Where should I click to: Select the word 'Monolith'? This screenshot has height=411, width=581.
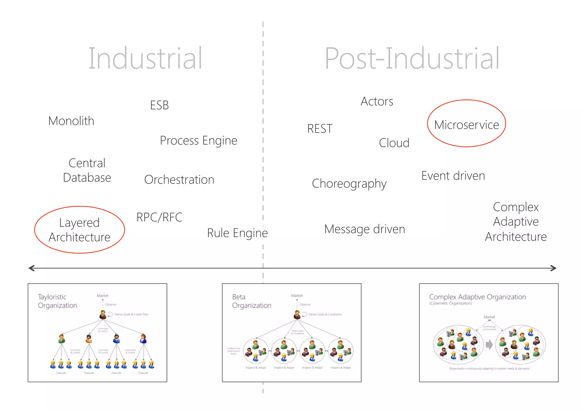71,121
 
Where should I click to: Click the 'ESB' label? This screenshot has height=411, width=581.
159,105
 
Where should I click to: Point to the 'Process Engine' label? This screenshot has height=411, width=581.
199,141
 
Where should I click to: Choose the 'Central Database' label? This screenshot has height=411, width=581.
87,170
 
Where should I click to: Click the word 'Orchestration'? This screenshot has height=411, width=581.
179,180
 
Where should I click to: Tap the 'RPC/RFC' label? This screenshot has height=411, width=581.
159,217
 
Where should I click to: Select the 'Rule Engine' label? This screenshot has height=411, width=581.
237,233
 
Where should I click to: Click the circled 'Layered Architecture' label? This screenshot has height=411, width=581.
79,230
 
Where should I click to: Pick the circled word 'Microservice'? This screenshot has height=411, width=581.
466,125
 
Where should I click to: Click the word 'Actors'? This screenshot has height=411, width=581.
377,102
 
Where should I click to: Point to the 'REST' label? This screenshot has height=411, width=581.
320,129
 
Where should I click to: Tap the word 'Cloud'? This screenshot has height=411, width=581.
394,143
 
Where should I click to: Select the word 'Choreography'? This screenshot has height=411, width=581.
349,184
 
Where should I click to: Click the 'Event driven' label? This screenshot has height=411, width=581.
453,176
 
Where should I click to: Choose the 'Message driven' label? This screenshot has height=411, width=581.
365,229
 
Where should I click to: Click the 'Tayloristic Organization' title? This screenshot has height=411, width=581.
58,301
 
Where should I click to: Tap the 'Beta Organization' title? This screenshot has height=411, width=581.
252,301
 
